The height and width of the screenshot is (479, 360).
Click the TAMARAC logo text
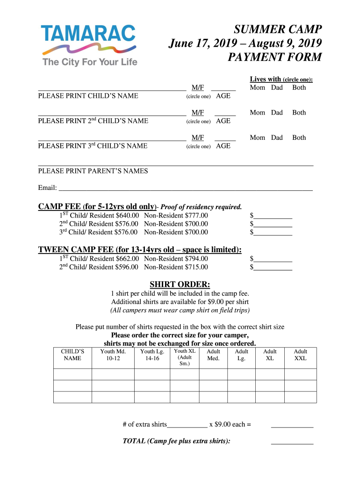88,34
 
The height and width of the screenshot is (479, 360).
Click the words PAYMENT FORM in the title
274,57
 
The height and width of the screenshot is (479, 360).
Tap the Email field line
185,189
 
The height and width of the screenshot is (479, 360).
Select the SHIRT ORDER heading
180,284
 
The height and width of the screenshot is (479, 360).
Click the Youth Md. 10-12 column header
113,355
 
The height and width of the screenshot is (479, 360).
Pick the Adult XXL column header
300,355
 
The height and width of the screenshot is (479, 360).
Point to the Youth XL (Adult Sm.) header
184,357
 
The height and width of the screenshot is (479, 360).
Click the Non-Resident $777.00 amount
176,216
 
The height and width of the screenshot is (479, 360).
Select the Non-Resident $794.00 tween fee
176,259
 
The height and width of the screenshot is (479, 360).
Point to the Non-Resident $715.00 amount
176,267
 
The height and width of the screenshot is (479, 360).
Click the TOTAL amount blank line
292,441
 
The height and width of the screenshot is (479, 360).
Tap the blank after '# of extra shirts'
187,425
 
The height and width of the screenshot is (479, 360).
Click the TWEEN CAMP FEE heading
139,249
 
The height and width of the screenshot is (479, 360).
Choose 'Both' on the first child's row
299,87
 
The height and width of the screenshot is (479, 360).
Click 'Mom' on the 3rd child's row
258,138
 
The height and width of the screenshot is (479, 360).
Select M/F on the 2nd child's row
198,112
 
